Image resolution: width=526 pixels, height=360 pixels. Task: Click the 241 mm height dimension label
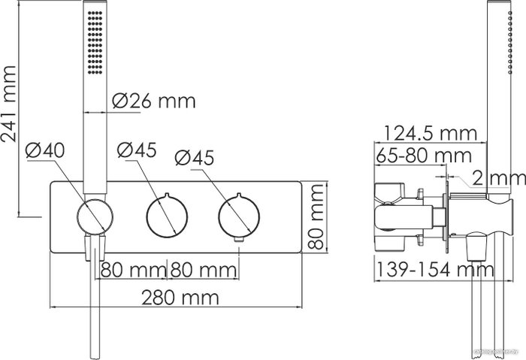pyautogui.click(x=9, y=104)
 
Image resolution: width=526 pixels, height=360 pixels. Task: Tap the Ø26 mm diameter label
pyautogui.click(x=154, y=101)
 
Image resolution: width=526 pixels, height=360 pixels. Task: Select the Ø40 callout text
pyautogui.click(x=45, y=150)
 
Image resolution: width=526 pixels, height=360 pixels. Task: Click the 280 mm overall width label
pyautogui.click(x=180, y=298)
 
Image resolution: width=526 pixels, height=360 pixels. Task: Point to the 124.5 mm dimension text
pyautogui.click(x=430, y=133)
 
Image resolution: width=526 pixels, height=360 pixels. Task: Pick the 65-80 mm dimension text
pyautogui.click(x=424, y=156)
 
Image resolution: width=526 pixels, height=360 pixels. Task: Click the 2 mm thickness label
pyautogui.click(x=499, y=178)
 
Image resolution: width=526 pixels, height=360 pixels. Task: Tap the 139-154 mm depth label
pyautogui.click(x=435, y=269)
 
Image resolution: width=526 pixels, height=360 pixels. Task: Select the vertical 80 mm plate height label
pyautogui.click(x=316, y=216)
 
